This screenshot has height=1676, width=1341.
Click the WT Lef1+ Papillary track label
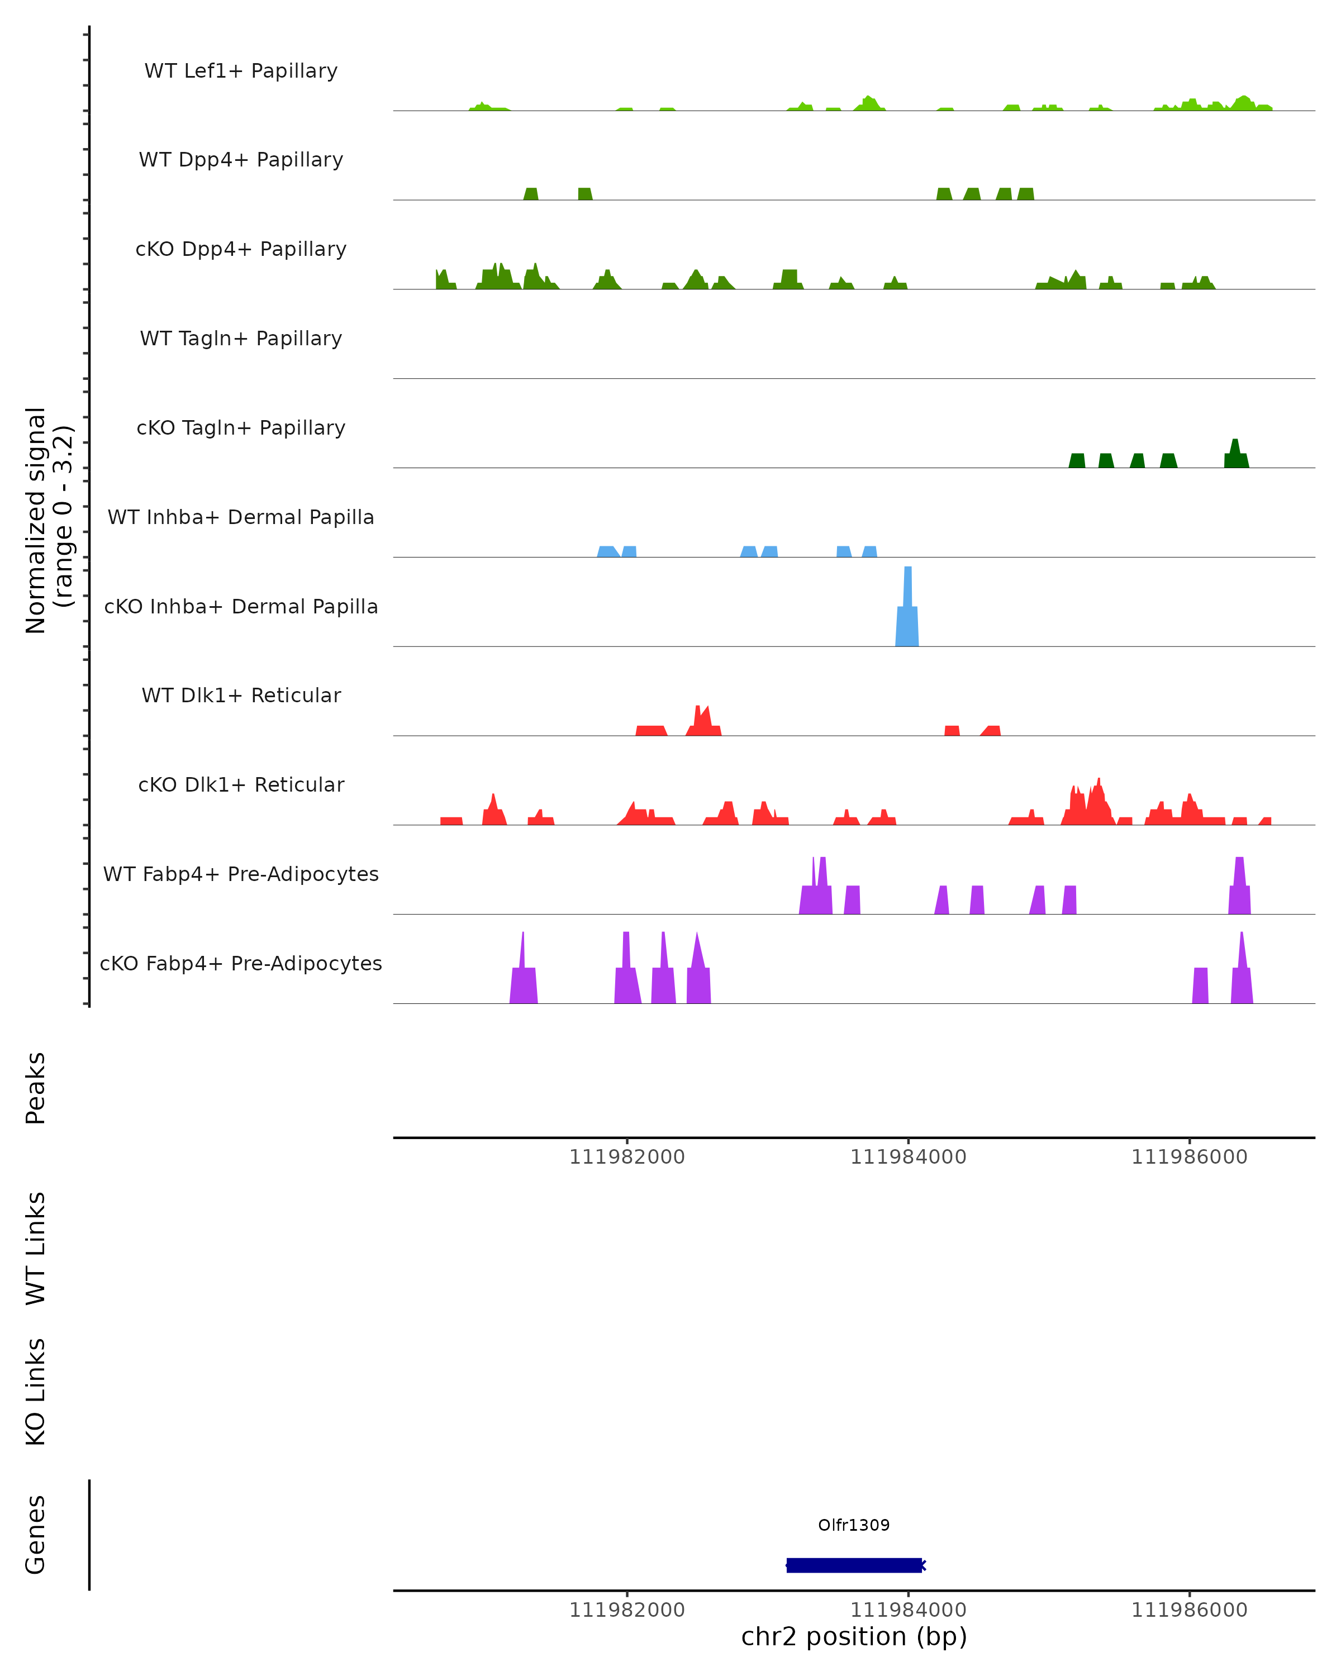(x=241, y=71)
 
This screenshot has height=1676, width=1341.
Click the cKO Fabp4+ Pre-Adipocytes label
(x=241, y=963)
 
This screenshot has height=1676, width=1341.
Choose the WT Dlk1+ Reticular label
(x=241, y=695)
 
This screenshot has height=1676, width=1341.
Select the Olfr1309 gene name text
(x=854, y=1525)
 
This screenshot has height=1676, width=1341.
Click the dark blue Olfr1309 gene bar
(x=854, y=1565)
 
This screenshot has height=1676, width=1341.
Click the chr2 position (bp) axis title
(x=854, y=1636)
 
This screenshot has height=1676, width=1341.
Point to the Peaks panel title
(x=36, y=1088)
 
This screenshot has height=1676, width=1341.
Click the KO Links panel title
(x=36, y=1392)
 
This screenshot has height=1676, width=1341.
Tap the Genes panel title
(x=36, y=1535)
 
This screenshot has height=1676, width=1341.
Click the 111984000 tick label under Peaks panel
(x=908, y=1157)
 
